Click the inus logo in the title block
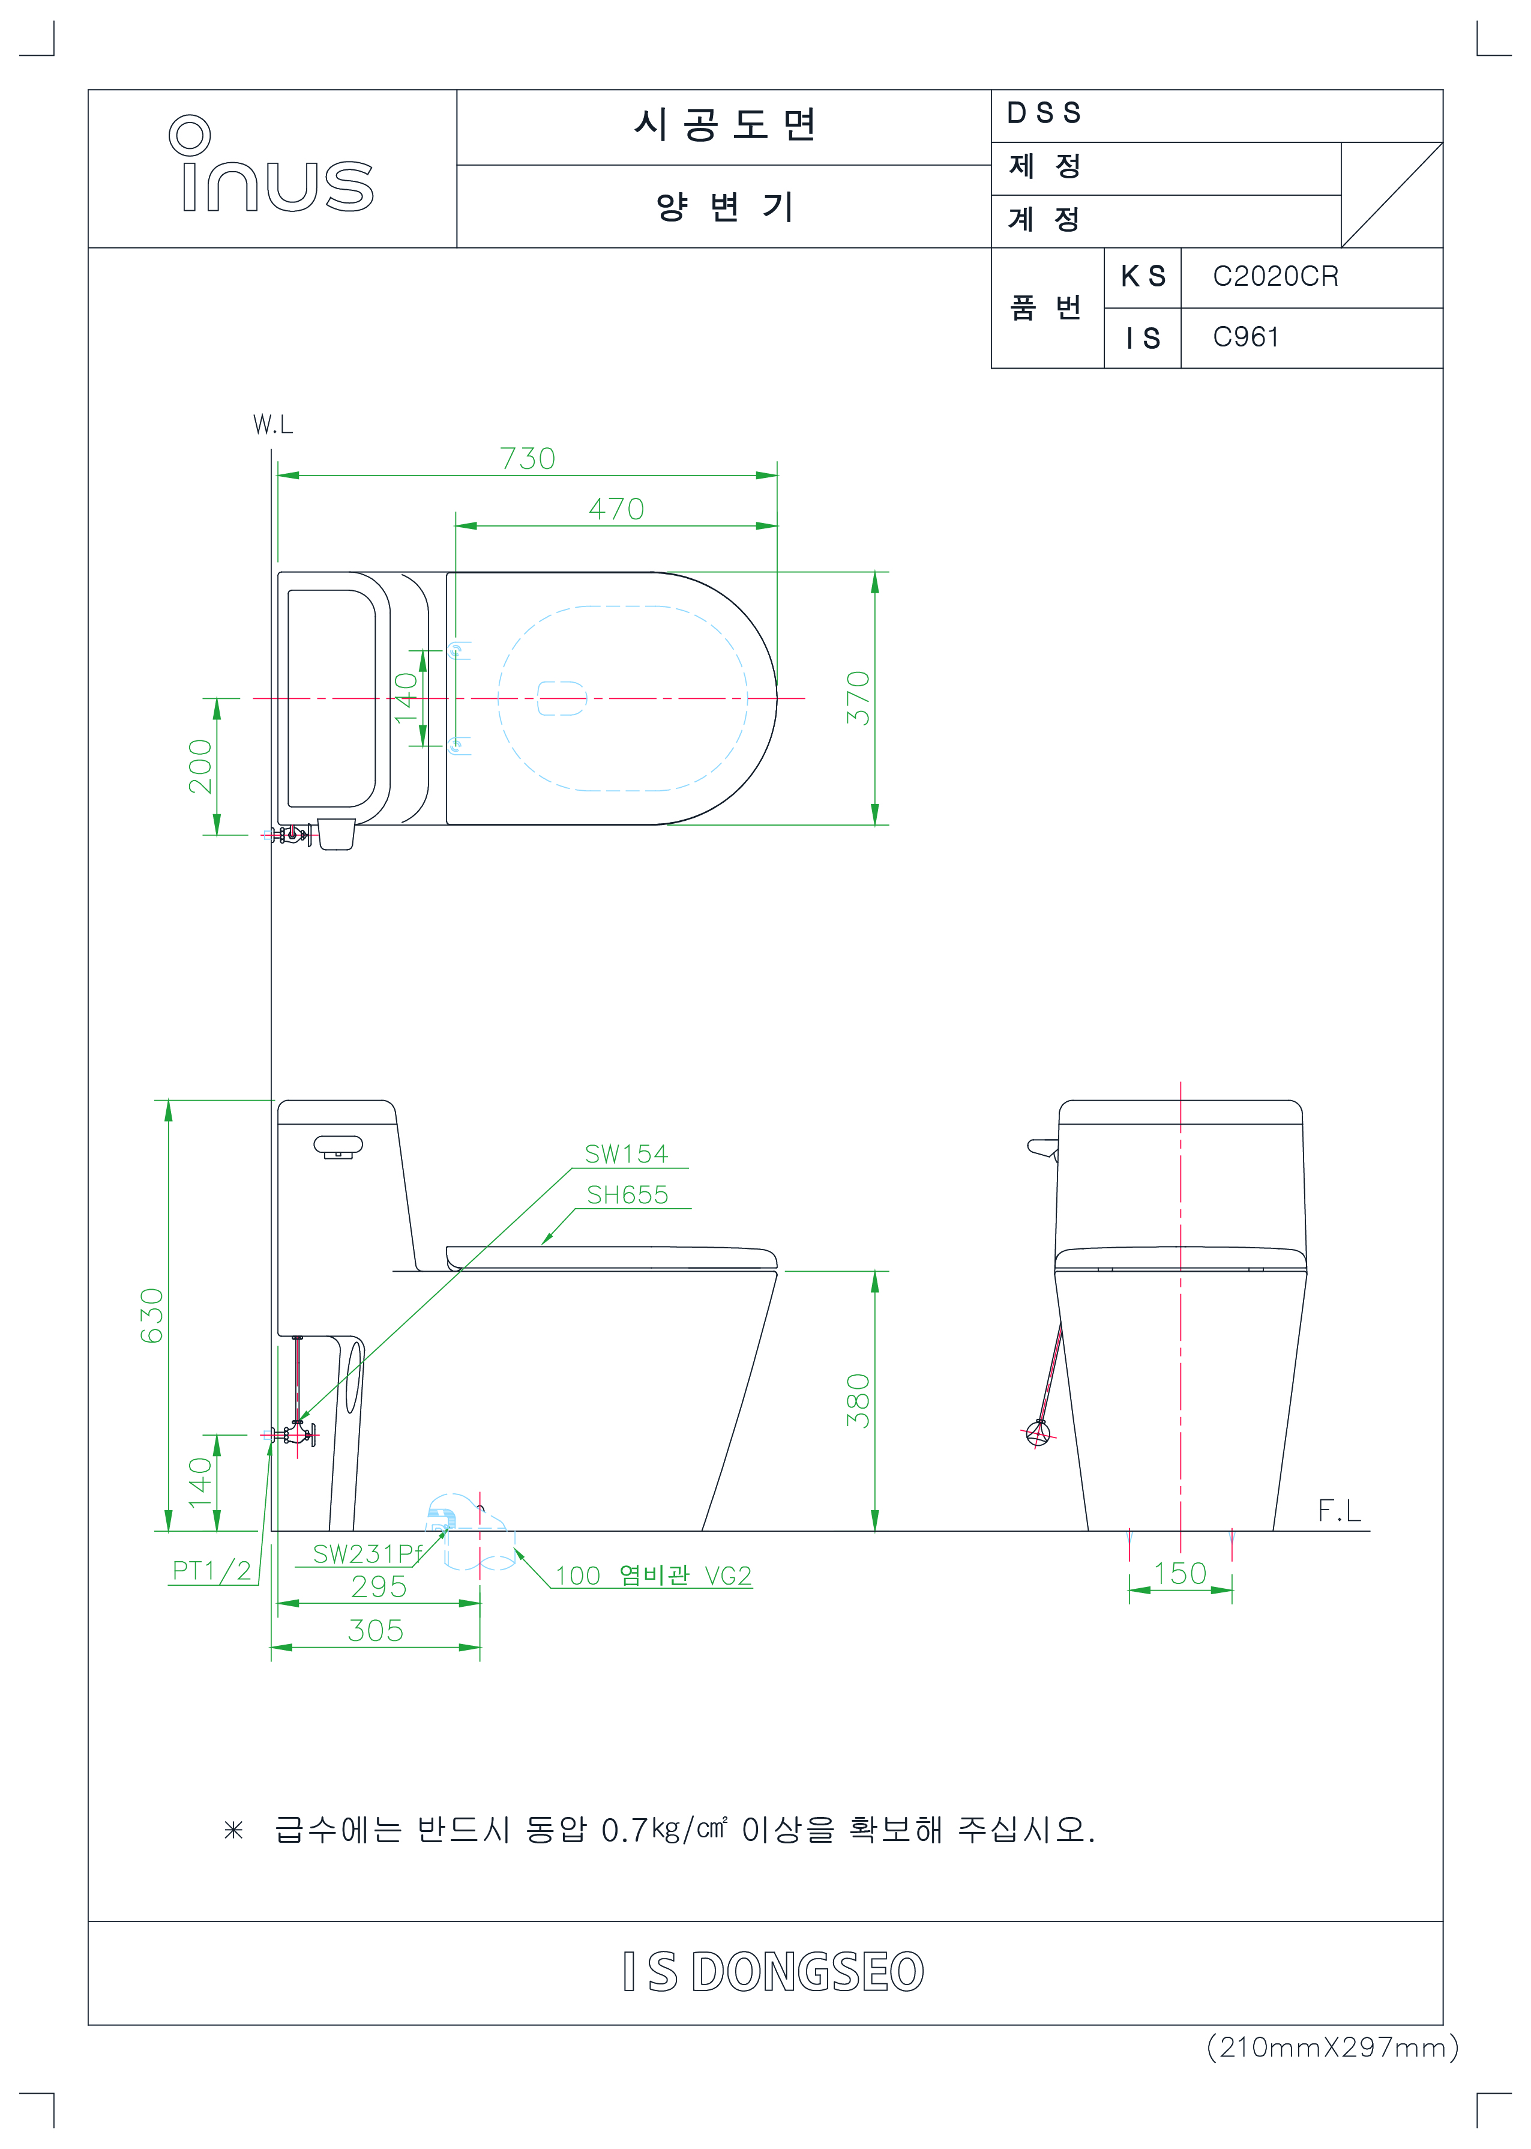pos(271,164)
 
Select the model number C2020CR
pos(1275,276)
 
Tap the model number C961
pos(1245,337)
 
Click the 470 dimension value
pos(616,509)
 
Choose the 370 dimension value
pos(858,698)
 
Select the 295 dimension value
pos(378,1587)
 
